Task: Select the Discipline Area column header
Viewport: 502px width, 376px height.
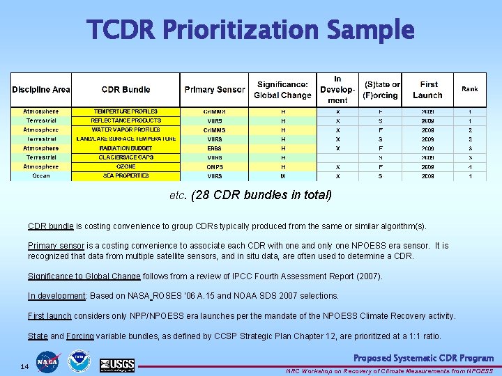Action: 41,90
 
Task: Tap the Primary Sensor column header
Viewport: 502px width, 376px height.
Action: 214,90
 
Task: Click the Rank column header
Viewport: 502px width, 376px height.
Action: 469,89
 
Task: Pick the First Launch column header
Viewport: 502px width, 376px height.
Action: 428,90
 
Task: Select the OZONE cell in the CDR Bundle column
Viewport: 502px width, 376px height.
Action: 125,167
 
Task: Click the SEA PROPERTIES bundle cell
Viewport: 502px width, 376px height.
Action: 125,176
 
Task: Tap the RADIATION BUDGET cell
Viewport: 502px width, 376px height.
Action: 125,148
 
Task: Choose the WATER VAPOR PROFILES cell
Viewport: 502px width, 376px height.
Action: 125,130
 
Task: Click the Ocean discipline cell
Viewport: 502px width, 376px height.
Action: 41,176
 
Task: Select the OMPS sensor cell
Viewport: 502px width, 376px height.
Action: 214,167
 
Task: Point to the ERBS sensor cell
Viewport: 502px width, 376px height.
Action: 214,148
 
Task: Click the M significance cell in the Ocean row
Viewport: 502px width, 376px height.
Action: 283,176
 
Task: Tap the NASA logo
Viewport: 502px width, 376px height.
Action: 48,362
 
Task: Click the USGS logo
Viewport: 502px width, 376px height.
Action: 117,364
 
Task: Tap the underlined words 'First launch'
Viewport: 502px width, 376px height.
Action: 50,316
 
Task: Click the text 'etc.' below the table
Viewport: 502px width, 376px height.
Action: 177,195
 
